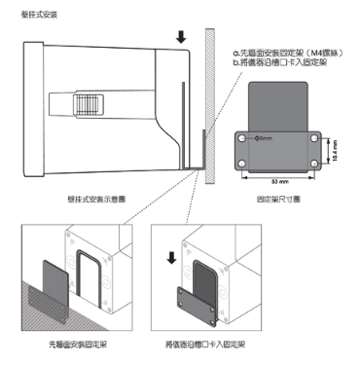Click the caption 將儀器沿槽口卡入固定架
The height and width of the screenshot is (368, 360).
pos(210,344)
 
